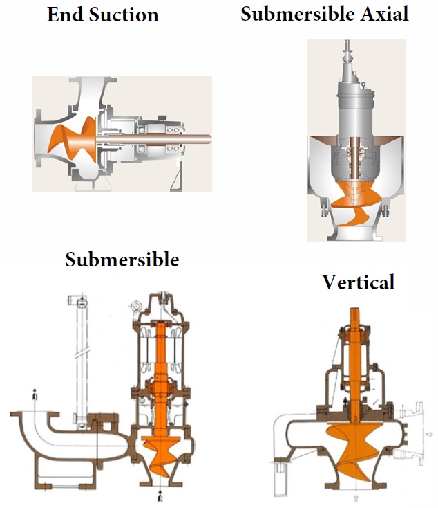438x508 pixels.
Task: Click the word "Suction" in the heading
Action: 124,15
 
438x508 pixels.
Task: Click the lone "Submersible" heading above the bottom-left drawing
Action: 122,260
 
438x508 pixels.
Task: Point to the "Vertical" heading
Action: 359,282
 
